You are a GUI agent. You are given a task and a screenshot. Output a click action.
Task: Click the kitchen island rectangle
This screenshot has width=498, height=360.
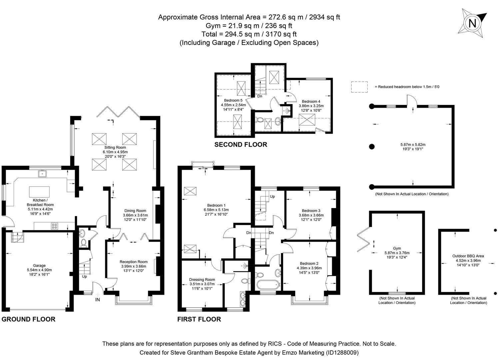[39, 192]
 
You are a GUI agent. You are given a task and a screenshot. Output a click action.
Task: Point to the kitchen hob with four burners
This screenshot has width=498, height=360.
[54, 226]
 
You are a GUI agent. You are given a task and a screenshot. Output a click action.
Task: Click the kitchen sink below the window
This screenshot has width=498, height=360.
[42, 173]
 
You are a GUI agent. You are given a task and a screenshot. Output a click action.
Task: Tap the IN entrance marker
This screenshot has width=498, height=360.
[98, 300]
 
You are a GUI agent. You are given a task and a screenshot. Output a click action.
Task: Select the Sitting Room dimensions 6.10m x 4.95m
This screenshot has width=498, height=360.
[115, 152]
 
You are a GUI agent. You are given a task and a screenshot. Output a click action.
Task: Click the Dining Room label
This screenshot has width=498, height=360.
[135, 211]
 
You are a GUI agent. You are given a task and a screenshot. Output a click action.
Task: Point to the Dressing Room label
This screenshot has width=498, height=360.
[202, 280]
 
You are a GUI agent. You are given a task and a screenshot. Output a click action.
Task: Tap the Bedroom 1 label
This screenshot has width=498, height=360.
[216, 205]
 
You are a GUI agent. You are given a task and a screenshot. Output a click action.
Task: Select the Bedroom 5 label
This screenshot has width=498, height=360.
[233, 100]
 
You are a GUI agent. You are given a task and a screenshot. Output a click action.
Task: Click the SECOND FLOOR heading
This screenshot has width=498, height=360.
[241, 145]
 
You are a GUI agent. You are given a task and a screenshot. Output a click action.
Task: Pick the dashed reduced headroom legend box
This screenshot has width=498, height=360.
[359, 87]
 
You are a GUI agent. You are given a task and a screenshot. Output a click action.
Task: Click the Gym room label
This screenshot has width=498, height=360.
[397, 248]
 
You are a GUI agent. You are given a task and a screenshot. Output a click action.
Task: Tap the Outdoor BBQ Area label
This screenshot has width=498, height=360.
[468, 256]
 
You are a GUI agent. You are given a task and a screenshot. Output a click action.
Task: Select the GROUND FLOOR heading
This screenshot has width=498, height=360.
[28, 319]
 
